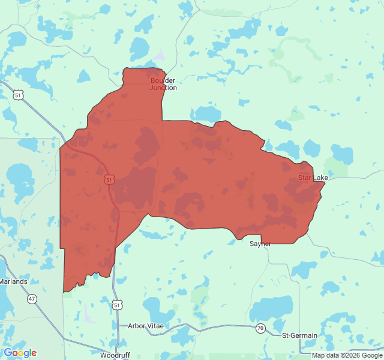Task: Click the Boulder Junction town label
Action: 163,84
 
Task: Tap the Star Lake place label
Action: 313,178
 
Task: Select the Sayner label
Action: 260,244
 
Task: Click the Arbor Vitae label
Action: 145,326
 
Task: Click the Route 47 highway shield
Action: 32,298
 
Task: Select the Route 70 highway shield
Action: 260,328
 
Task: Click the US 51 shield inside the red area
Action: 109,179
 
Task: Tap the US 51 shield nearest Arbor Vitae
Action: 116,305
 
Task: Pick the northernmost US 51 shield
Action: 19,95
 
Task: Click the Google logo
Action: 20,353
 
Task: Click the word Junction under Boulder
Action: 163,88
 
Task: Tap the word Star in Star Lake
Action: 305,178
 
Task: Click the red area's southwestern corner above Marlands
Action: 64,292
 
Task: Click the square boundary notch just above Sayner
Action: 262,239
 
